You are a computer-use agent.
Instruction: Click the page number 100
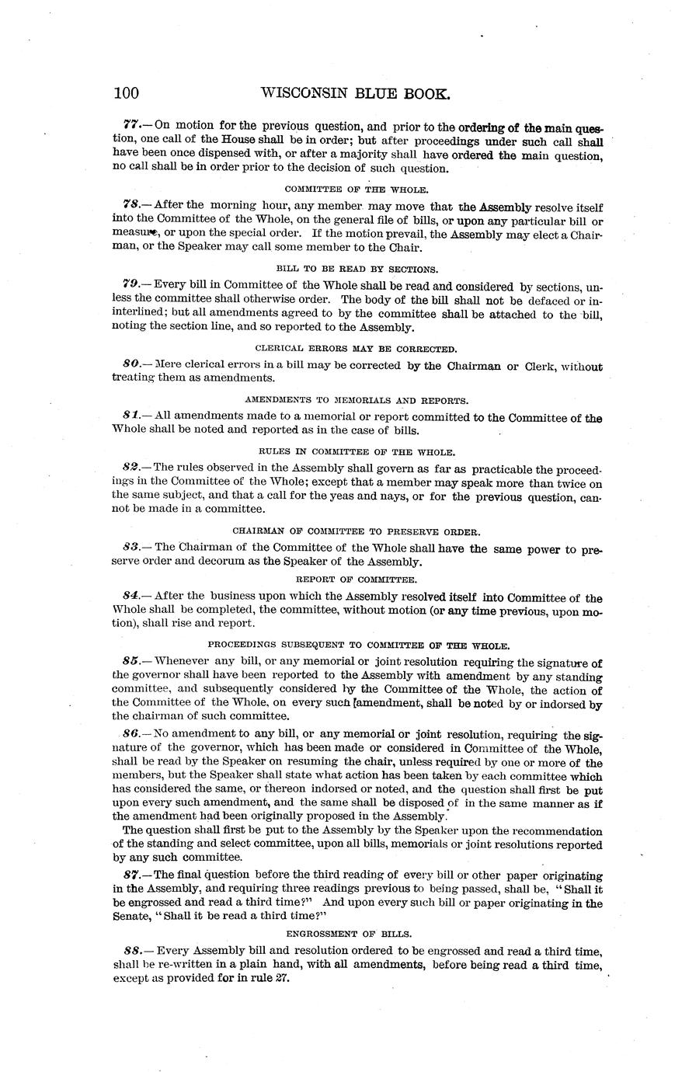pos(126,94)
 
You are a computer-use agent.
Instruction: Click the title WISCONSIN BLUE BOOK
pos(356,93)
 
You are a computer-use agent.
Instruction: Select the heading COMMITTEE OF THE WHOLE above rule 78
pos(357,189)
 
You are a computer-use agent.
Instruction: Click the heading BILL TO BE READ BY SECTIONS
pos(357,269)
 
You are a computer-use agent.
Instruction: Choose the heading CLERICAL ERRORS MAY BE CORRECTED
pos(357,349)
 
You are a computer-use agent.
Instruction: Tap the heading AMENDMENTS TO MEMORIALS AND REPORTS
pos(357,400)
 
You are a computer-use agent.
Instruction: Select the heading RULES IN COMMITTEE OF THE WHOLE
pos(357,451)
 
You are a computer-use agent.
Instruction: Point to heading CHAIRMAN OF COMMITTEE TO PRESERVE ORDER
pos(357,531)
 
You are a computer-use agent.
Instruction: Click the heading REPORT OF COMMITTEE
pos(357,580)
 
